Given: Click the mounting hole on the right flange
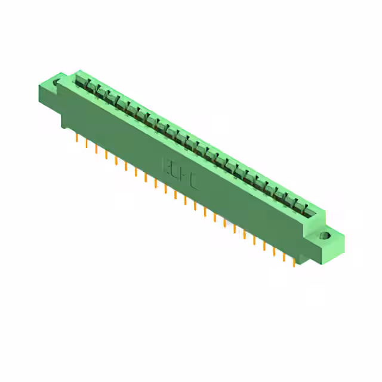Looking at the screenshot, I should (x=325, y=236).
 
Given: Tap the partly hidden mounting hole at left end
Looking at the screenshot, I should (x=58, y=82).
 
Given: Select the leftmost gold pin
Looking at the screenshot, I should (x=77, y=138).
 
